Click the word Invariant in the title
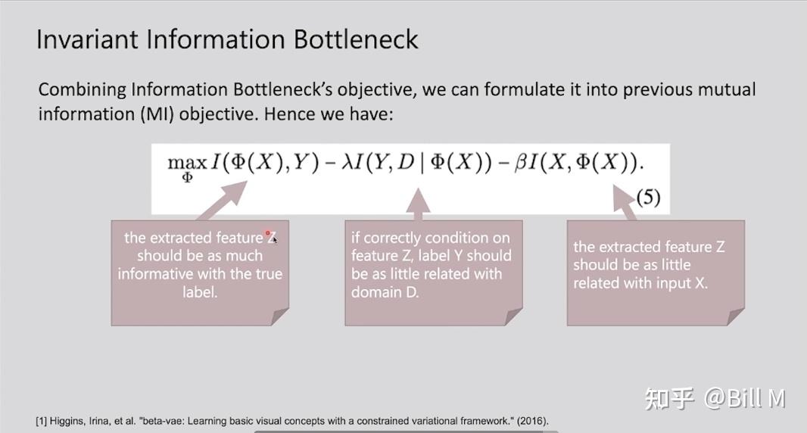[88, 39]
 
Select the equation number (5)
[648, 197]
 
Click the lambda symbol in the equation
[348, 162]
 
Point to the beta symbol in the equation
[521, 164]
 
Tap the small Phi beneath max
[187, 178]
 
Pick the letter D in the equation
[406, 162]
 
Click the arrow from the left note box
[221, 201]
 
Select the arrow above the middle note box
[418, 204]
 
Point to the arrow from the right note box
[625, 203]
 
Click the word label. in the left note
[200, 292]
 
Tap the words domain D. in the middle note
[385, 292]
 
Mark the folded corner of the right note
[736, 316]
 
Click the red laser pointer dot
[268, 233]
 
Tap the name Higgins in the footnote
[67, 421]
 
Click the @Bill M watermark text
[744, 398]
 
